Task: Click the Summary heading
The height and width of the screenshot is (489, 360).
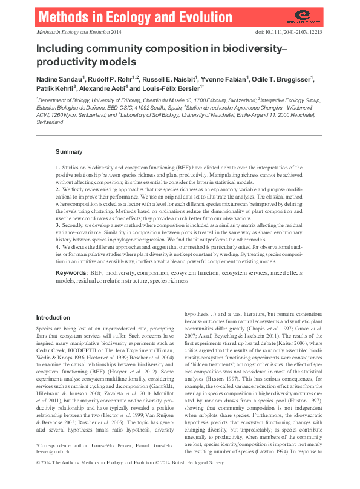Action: coord(69,151)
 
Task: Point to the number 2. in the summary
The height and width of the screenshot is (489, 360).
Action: coord(58,191)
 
